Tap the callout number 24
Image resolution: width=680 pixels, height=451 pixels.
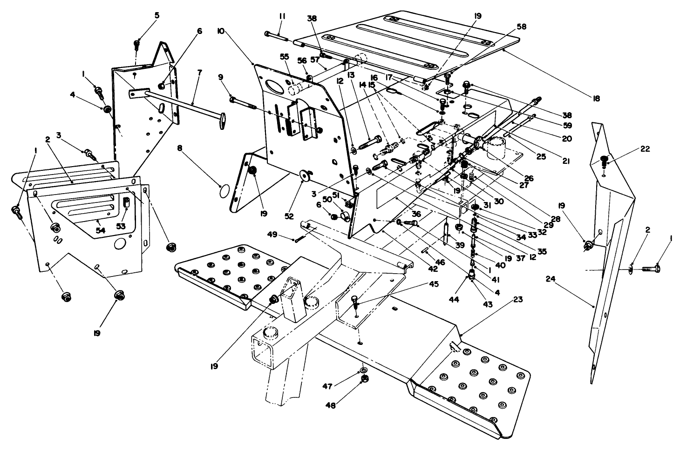[x=551, y=279]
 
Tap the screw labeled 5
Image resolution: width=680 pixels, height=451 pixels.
[x=137, y=45]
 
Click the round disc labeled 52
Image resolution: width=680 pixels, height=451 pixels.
[x=306, y=175]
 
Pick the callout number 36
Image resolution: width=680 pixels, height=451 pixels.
[x=416, y=214]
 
